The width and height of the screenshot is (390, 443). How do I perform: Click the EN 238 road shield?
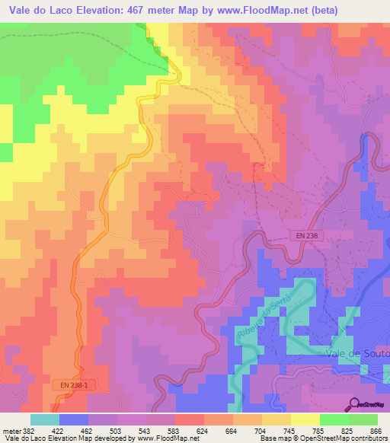[x=302, y=237]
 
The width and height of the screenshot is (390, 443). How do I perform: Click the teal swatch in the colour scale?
[x=45, y=419]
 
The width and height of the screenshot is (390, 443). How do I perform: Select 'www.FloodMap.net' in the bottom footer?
[x=162, y=438]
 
